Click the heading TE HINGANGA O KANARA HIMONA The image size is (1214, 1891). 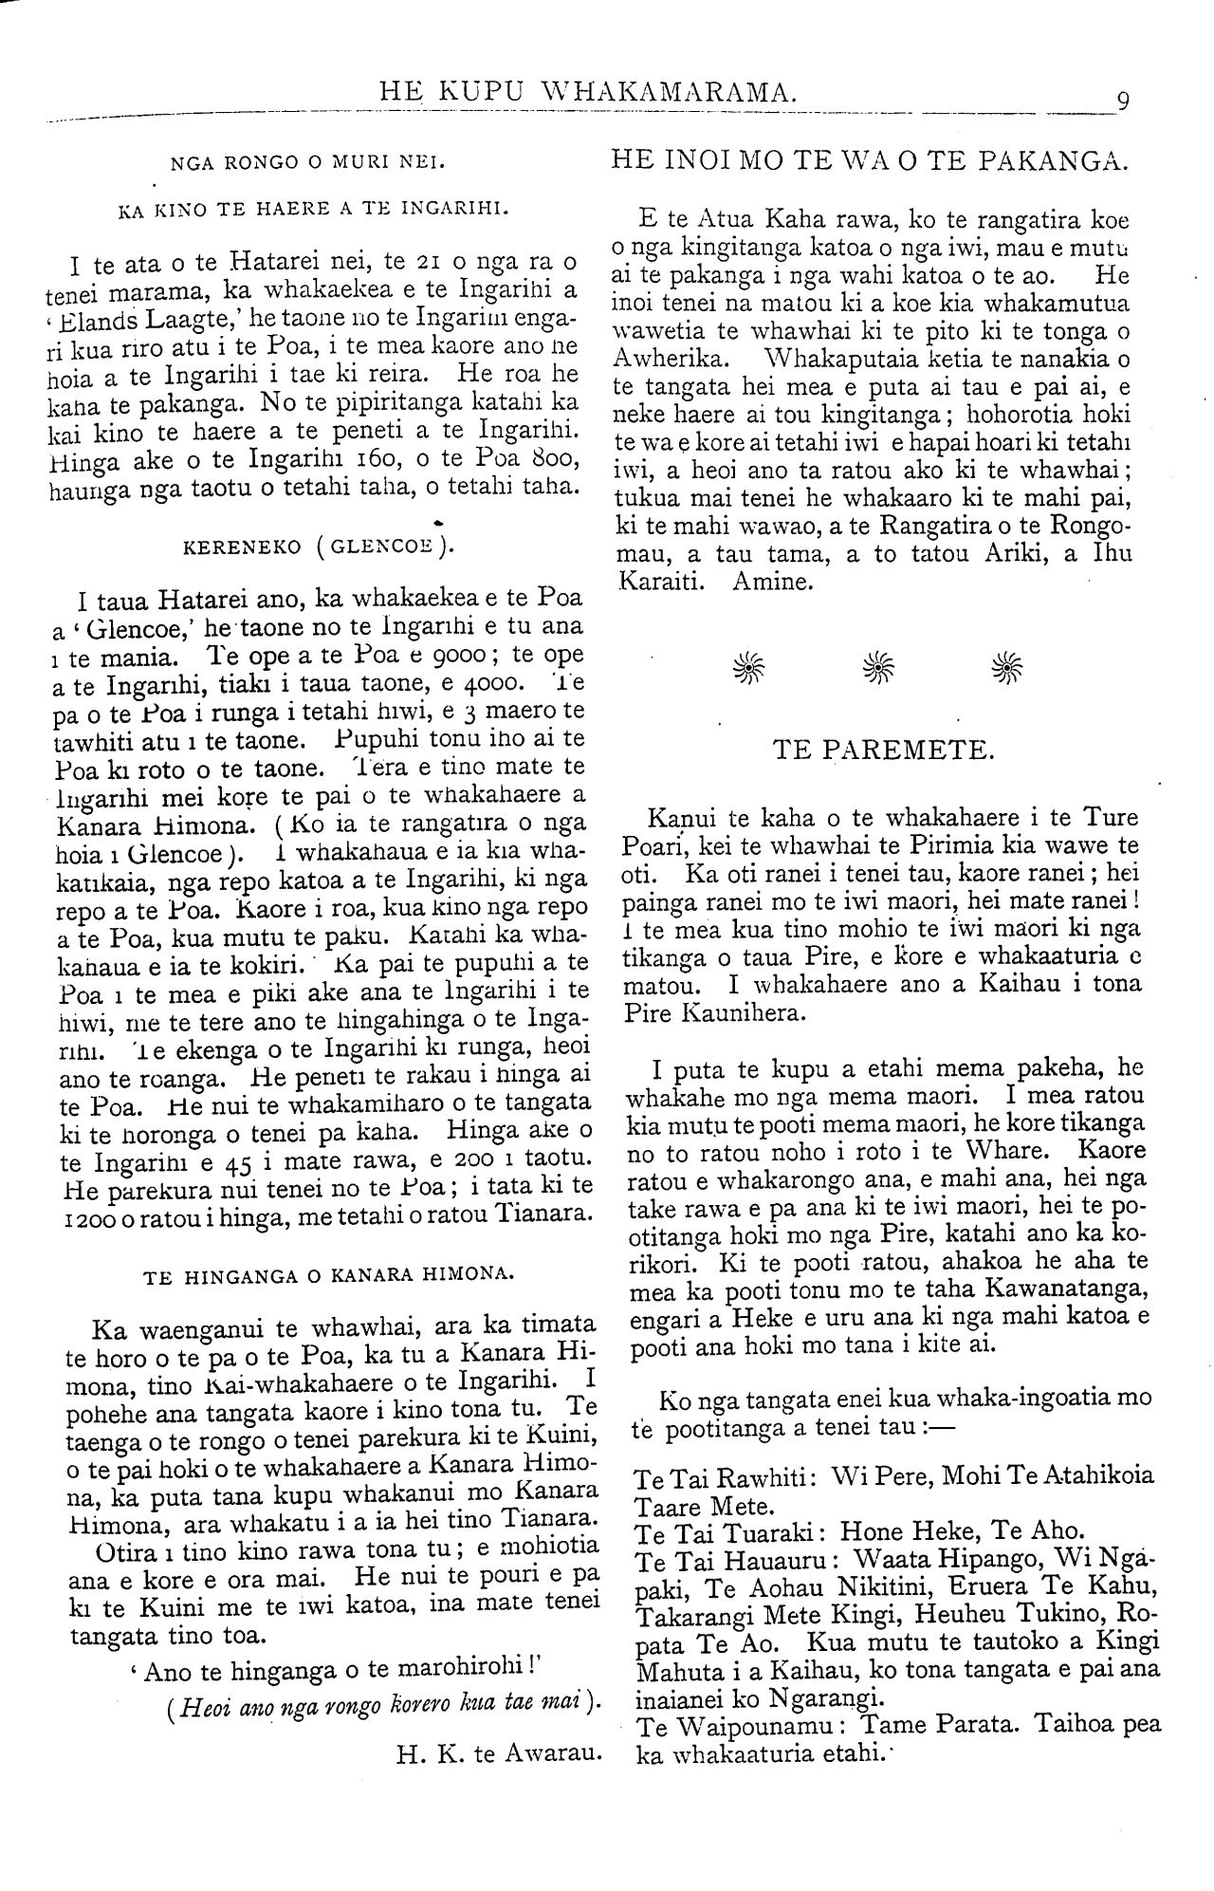pyautogui.click(x=328, y=1276)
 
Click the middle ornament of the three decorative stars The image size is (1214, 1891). pyautogui.click(x=879, y=668)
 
